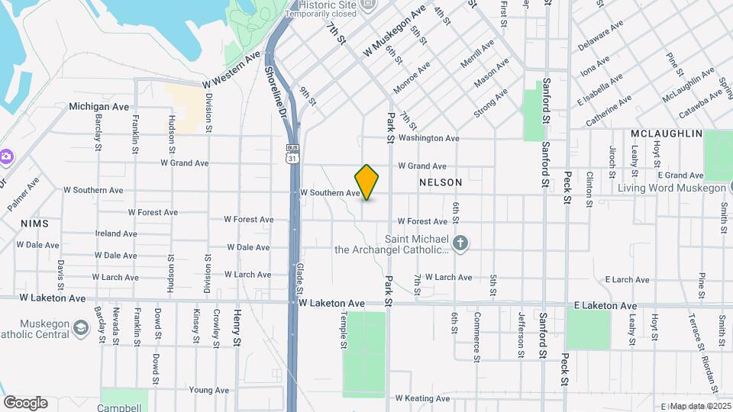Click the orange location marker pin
[367, 182]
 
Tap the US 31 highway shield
[292, 153]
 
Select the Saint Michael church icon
[460, 243]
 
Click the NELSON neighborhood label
[441, 183]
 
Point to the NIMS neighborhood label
[34, 224]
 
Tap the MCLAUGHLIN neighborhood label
[666, 134]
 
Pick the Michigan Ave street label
[99, 107]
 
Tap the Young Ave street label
[208, 390]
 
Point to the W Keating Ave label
[419, 398]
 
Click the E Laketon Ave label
[606, 306]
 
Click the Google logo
[25, 403]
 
